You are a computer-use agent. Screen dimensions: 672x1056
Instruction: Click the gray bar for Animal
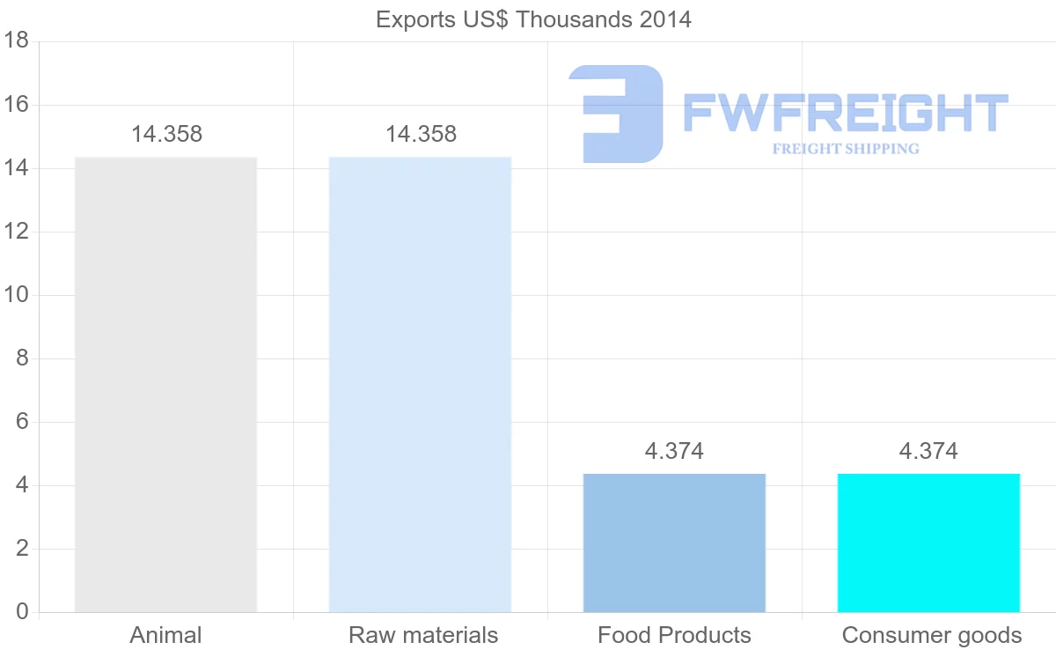165,384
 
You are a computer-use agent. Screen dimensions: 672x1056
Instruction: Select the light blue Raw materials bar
420,384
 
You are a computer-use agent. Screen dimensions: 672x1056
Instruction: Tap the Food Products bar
674,543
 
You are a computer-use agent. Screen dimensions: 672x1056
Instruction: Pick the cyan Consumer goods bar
928,543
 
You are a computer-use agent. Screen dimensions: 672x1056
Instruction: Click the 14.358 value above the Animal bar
166,135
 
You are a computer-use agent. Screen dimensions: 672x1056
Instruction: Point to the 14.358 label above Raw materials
421,135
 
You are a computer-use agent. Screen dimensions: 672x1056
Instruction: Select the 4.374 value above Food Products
674,452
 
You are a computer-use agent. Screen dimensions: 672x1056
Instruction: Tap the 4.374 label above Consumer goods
928,452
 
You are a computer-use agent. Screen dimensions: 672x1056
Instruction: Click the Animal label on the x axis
165,635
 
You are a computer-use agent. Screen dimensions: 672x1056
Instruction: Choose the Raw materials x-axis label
423,635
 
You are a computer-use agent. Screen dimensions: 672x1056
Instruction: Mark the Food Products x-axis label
674,635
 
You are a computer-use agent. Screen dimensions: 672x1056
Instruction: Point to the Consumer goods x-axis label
932,635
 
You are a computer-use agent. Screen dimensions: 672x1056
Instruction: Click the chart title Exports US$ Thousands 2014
533,19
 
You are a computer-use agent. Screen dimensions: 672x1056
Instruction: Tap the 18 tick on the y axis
17,41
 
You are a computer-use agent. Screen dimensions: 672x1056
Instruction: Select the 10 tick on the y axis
17,295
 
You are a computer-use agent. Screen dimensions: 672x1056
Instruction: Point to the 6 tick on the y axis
22,422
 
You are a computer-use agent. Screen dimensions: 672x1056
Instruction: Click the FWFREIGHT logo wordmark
845,114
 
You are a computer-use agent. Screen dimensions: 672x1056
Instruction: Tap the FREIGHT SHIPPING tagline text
846,149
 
